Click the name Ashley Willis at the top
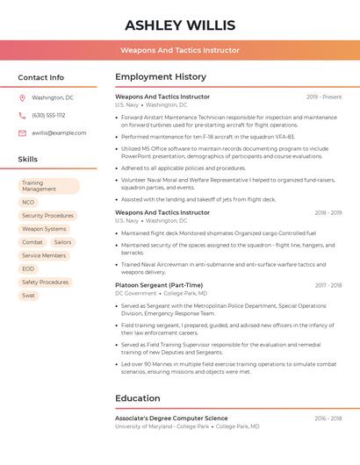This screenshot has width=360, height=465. click(179, 25)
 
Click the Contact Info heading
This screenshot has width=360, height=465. click(40, 77)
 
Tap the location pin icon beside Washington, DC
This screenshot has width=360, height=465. click(22, 97)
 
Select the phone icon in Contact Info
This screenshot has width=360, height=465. click(22, 115)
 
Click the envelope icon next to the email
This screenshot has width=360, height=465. click(22, 132)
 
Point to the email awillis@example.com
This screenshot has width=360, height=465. click(59, 132)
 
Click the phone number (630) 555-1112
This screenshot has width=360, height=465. click(48, 115)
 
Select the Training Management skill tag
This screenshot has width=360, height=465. click(48, 186)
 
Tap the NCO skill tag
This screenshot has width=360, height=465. click(28, 202)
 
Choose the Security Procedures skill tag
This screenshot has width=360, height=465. click(47, 215)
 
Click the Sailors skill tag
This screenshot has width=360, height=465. click(62, 242)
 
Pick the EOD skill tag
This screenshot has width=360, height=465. click(28, 268)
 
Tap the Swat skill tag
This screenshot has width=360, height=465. click(28, 296)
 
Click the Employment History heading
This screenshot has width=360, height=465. click(161, 77)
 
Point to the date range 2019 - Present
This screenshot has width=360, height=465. click(324, 97)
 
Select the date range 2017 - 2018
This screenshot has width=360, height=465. click(328, 285)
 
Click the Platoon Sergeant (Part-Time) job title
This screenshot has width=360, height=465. click(159, 285)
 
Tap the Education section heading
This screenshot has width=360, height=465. click(138, 398)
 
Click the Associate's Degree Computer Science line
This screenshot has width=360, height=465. click(171, 418)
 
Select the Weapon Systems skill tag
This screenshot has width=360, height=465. click(44, 229)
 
